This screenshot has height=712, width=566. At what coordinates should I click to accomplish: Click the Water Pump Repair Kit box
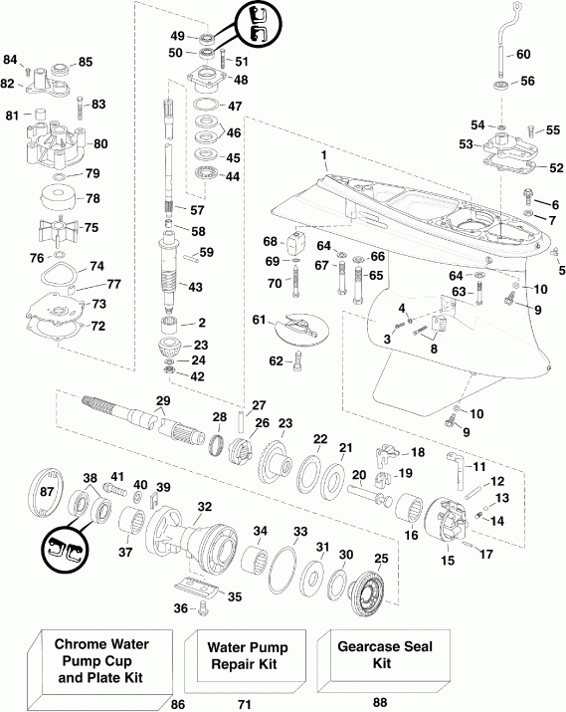[245, 655]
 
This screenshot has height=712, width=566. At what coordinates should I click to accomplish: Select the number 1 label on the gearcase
[323, 156]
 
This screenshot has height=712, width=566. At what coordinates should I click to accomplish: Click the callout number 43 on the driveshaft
[196, 287]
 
